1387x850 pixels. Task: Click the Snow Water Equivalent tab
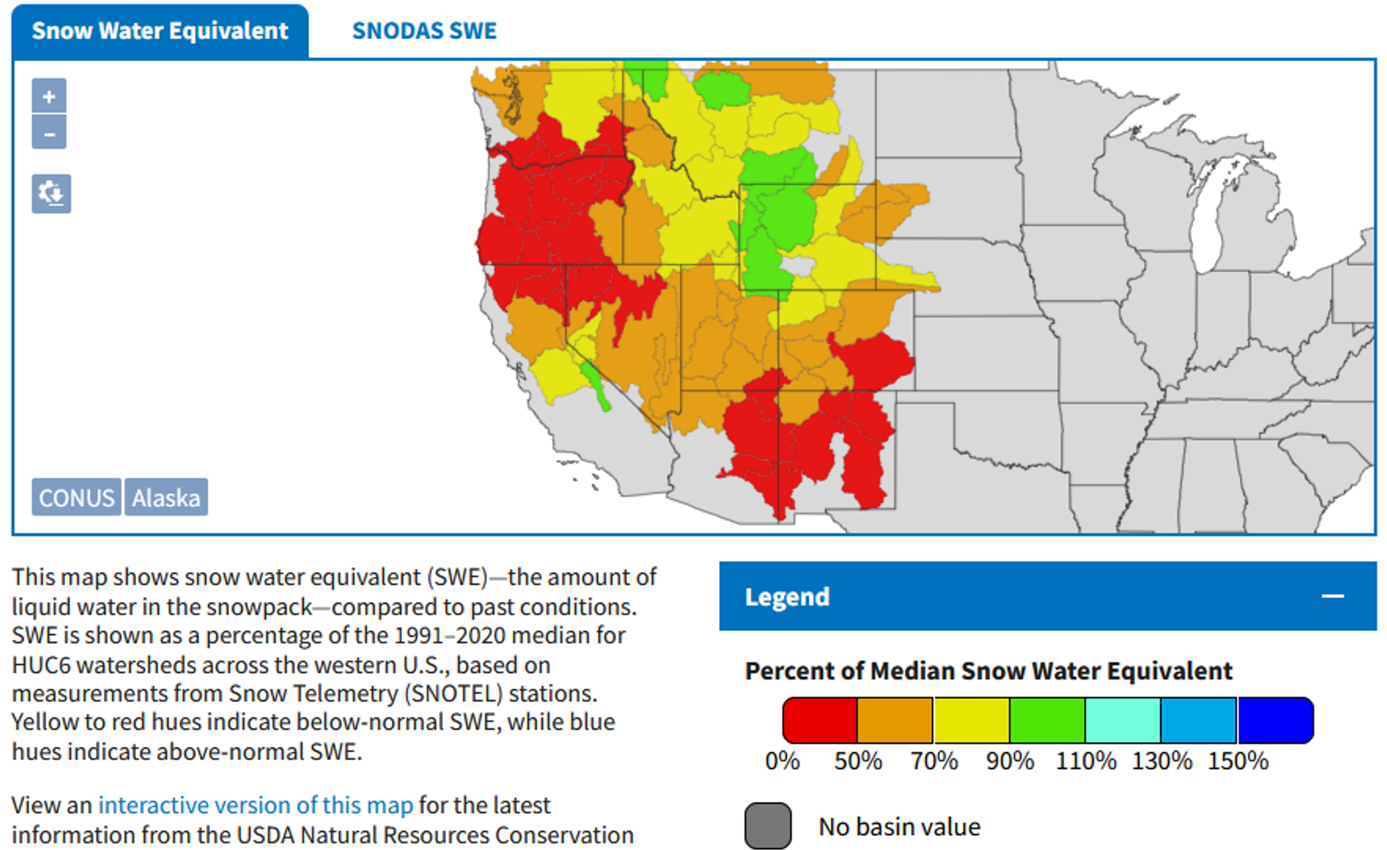point(160,31)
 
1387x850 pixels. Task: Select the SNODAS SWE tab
point(424,31)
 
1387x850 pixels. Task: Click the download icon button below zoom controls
point(51,194)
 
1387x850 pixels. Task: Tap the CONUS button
point(77,497)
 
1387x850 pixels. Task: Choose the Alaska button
point(166,497)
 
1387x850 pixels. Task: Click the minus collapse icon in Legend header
point(1333,596)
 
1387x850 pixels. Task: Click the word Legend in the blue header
point(787,597)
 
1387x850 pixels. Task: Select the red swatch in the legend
point(820,720)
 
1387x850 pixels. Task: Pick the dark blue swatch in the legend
point(1275,720)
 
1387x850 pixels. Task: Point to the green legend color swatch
point(1047,720)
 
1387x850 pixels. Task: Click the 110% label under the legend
point(1086,761)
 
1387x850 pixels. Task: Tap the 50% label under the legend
point(857,761)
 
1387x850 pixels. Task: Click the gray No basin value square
point(768,825)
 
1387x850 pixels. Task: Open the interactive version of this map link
point(255,805)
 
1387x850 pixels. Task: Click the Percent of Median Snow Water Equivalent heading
point(988,671)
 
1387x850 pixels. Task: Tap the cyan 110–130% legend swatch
point(1123,720)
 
